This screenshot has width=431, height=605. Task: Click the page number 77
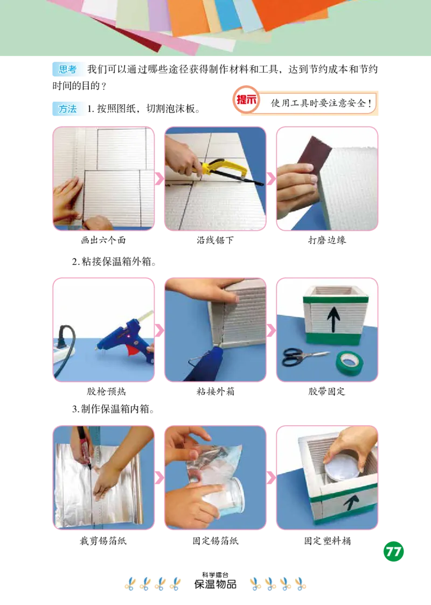394,551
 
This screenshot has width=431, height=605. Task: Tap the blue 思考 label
68,69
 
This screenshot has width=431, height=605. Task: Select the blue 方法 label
68,109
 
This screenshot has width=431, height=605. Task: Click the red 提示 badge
247,100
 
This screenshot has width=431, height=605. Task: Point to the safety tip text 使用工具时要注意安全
322,103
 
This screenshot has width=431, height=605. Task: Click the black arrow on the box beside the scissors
333,320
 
